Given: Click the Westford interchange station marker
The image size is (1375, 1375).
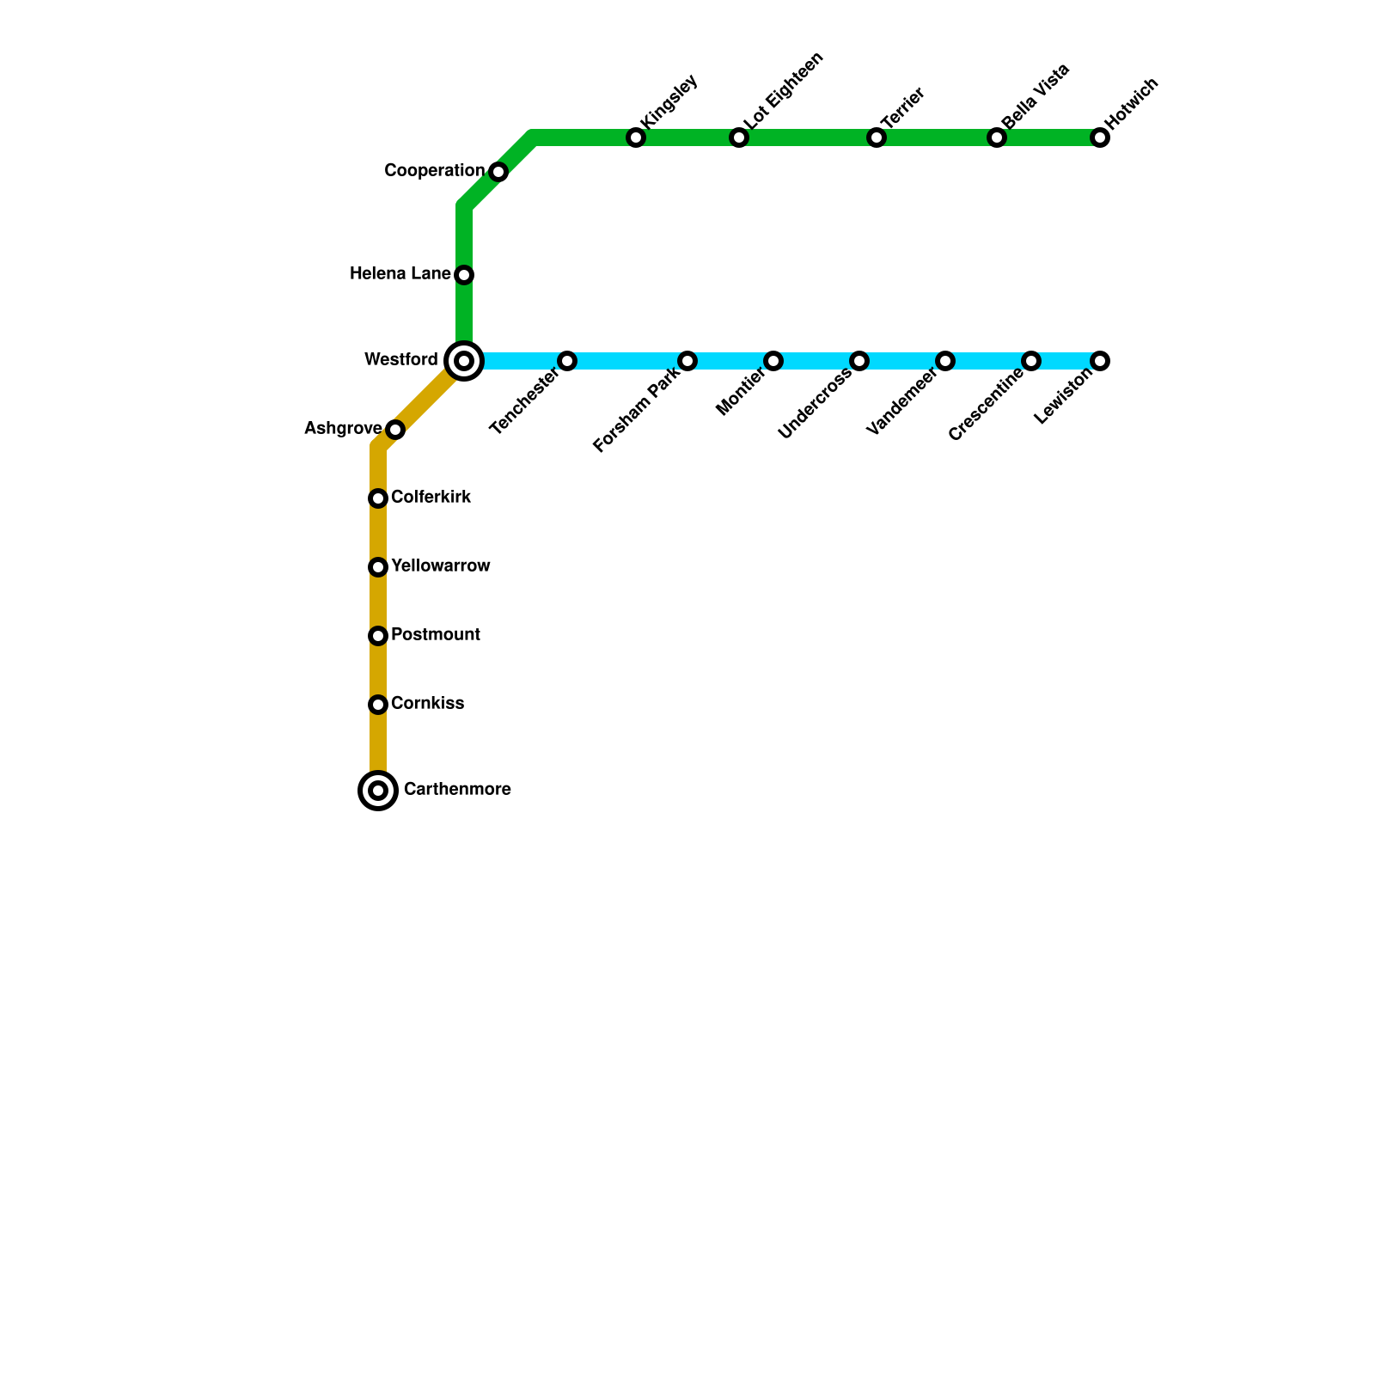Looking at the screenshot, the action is [x=464, y=361].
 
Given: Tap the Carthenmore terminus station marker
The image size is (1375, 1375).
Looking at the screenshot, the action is [x=378, y=791].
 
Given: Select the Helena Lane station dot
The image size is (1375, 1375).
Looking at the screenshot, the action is [x=464, y=275].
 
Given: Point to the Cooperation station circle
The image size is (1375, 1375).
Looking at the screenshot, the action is [x=498, y=172].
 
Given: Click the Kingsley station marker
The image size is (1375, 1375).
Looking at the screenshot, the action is [x=636, y=137].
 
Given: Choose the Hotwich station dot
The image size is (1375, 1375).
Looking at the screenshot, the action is [x=1100, y=137].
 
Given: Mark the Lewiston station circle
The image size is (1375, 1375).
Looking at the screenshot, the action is [x=1100, y=361].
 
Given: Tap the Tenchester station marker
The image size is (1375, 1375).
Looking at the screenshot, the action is [x=567, y=361].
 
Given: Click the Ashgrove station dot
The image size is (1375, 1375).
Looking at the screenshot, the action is [x=395, y=430].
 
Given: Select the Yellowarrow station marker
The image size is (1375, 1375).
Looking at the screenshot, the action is [x=378, y=567].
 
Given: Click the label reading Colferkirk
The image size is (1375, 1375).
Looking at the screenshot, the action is [x=431, y=498].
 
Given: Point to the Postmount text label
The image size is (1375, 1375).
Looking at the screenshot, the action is [x=435, y=635].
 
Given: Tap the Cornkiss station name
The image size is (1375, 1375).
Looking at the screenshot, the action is [x=427, y=704].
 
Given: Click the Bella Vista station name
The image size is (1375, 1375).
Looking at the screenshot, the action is [x=1036, y=96].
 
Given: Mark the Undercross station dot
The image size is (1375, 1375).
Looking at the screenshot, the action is [x=859, y=361].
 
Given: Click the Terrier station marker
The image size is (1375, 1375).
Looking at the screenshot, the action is [x=877, y=137].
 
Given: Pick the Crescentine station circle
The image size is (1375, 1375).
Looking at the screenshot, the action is [x=1031, y=361].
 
